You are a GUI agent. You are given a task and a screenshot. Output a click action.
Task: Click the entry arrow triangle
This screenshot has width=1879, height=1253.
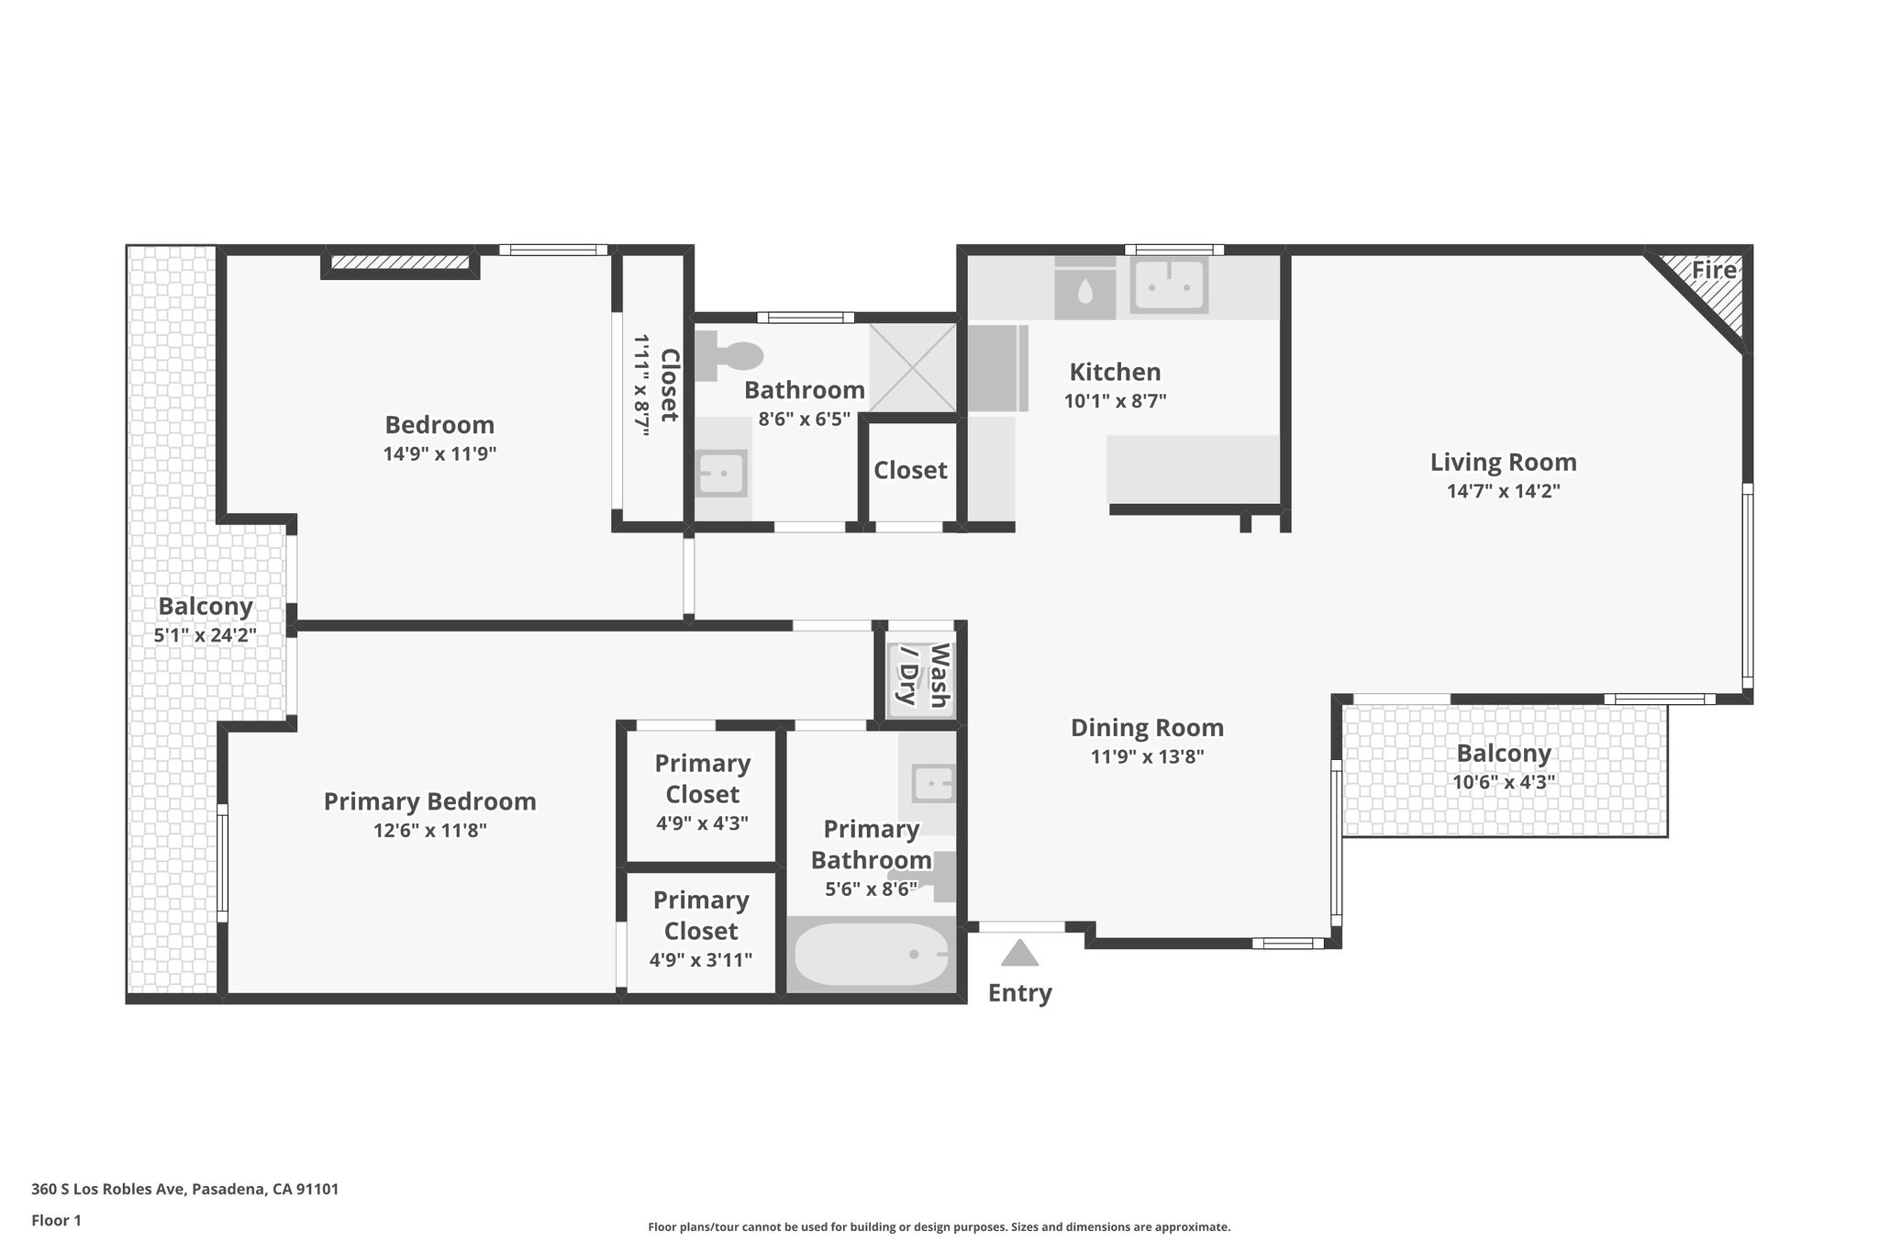click(1019, 954)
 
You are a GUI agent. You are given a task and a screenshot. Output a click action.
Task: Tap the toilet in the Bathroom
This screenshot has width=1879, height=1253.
click(730, 357)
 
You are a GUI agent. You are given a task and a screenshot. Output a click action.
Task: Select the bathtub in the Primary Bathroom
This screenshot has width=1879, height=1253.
click(871, 955)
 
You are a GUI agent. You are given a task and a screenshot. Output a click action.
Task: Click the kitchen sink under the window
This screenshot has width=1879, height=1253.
click(1168, 285)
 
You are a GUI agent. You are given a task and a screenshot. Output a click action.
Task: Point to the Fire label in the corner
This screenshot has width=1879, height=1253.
click(1714, 271)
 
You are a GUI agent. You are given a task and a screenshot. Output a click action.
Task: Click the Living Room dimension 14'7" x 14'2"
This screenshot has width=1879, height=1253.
click(1503, 491)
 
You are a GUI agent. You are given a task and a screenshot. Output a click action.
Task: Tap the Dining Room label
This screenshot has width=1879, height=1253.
click(1147, 728)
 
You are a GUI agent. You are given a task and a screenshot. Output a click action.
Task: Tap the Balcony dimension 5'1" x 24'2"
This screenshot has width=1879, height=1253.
click(206, 634)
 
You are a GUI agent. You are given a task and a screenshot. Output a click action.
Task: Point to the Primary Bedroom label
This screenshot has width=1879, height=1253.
click(429, 801)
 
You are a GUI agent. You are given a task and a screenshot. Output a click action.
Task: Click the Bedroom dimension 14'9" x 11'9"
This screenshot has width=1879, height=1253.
click(439, 453)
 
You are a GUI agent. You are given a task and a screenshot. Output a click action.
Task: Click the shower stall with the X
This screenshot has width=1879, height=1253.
click(912, 366)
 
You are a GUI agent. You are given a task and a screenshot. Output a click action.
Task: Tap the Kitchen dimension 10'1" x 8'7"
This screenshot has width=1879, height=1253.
click(1115, 401)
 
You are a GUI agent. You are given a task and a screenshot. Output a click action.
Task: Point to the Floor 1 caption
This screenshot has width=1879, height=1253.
click(56, 1221)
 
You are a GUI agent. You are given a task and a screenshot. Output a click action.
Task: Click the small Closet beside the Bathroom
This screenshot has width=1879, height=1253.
click(910, 471)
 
